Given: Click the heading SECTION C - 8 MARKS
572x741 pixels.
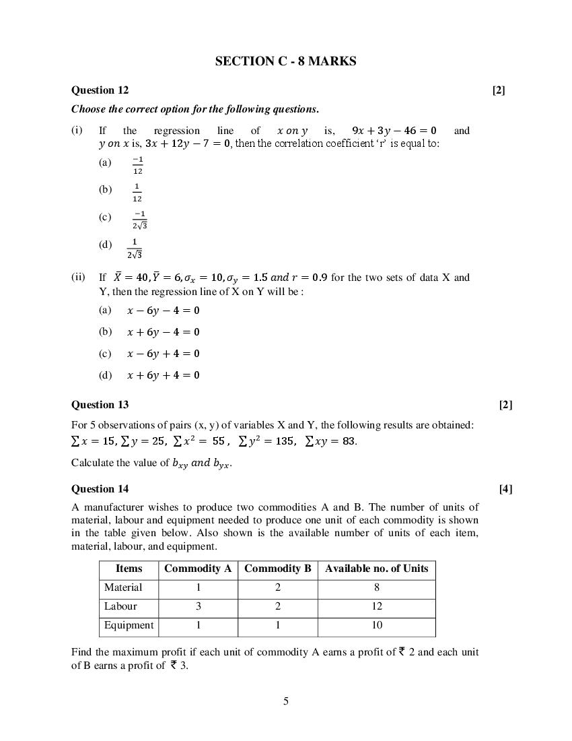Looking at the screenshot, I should pyautogui.click(x=285, y=61).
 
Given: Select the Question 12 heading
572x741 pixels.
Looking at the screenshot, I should pyautogui.click(x=100, y=90).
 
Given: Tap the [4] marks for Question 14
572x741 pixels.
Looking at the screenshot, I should pyautogui.click(x=505, y=488).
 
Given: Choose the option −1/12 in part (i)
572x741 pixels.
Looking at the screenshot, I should pyautogui.click(x=137, y=165).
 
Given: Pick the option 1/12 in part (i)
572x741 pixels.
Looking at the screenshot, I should pyautogui.click(x=137, y=193).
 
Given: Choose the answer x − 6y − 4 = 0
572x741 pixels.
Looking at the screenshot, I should pyautogui.click(x=164, y=311).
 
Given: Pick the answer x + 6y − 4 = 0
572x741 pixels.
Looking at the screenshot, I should pyautogui.click(x=164, y=332).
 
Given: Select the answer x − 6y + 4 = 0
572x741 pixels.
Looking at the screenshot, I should pyautogui.click(x=164, y=354).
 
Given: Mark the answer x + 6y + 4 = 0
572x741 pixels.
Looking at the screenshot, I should pyautogui.click(x=164, y=375).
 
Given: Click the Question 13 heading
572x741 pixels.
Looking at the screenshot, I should pyautogui.click(x=100, y=404).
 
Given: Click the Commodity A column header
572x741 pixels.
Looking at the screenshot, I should pyautogui.click(x=198, y=569).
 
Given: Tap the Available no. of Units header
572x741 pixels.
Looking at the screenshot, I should pyautogui.click(x=376, y=569).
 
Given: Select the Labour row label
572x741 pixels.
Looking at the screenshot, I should pyautogui.click(x=120, y=606).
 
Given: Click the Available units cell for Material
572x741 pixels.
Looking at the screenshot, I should pyautogui.click(x=376, y=587).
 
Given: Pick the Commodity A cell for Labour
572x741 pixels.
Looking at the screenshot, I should pyautogui.click(x=198, y=606).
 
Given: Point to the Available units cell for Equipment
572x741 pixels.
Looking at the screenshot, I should pyautogui.click(x=376, y=625).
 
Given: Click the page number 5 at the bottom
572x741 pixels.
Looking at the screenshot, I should pyautogui.click(x=286, y=701).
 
